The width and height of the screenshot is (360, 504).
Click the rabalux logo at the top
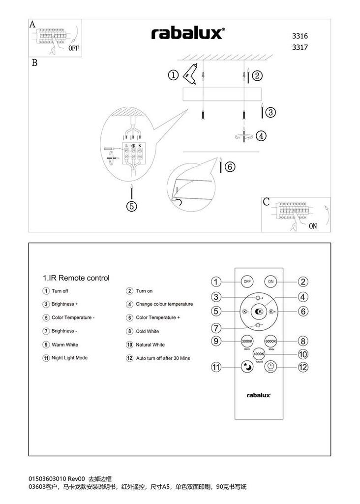[188, 33]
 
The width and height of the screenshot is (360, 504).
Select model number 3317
[300, 48]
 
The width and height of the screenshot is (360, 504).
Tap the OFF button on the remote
[247, 282]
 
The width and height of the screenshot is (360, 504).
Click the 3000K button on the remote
[247, 341]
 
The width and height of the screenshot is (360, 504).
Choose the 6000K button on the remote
[271, 341]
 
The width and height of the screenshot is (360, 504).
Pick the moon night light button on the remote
[247, 367]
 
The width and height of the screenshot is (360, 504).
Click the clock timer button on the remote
[271, 367]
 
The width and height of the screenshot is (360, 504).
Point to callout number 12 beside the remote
[303, 367]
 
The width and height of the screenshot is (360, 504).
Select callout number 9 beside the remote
[215, 341]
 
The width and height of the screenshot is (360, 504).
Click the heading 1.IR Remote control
[76, 278]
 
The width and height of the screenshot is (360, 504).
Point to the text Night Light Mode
[69, 358]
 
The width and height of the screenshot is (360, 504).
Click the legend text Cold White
[147, 332]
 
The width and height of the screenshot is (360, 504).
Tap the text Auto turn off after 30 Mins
[163, 358]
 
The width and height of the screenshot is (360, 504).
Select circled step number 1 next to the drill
[173, 75]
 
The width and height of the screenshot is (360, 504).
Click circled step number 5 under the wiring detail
[131, 206]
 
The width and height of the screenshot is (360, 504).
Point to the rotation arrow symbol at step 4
[243, 135]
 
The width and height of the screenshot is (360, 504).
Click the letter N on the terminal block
[140, 146]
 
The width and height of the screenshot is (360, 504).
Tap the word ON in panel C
[313, 226]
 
